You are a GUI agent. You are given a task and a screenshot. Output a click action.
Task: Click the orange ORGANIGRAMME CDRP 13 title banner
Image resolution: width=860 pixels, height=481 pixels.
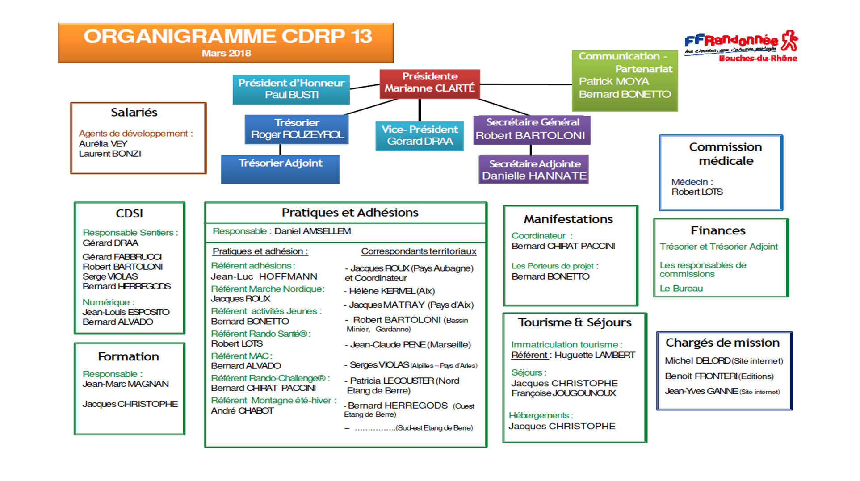click(226, 43)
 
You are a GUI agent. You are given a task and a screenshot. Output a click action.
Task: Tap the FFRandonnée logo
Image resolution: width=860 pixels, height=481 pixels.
click(741, 46)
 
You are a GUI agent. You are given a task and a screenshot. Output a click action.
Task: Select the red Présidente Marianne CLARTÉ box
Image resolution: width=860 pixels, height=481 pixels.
click(429, 83)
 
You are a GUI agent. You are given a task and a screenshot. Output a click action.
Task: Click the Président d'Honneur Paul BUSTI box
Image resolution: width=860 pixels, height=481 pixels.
click(291, 89)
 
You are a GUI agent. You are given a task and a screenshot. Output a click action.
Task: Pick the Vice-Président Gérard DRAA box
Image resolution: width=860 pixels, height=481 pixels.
click(420, 136)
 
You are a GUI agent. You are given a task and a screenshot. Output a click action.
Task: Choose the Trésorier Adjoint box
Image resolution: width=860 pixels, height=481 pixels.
click(280, 169)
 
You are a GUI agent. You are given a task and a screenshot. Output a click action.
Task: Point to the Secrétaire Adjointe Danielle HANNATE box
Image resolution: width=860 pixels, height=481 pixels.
click(534, 170)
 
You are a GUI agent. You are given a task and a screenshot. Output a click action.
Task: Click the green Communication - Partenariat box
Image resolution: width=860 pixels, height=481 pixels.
click(625, 80)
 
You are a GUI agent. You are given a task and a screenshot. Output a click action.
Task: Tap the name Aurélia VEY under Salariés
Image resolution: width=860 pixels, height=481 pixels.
click(103, 144)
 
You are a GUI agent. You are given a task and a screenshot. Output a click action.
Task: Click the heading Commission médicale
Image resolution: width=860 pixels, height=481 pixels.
click(725, 154)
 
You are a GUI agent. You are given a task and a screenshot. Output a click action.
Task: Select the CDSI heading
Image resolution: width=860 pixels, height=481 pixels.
click(129, 213)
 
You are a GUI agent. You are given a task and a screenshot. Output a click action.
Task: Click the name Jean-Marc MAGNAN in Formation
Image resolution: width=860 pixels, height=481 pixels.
click(126, 384)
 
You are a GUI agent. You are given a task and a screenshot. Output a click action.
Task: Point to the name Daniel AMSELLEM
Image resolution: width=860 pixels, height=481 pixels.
click(312, 231)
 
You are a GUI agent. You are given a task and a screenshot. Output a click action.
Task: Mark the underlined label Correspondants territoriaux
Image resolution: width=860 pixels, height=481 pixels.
click(419, 251)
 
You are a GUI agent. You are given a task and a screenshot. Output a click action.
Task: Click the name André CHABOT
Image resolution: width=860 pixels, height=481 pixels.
click(242, 411)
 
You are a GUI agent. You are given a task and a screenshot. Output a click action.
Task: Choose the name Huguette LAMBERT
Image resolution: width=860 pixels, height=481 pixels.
click(595, 355)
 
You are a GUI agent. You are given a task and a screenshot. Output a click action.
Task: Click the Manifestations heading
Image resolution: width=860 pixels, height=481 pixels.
click(568, 219)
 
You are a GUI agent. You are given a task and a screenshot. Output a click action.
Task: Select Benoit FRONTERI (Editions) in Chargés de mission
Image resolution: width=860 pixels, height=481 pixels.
click(719, 376)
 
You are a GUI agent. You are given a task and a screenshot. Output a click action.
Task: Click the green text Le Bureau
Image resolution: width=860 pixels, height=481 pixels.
click(681, 289)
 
